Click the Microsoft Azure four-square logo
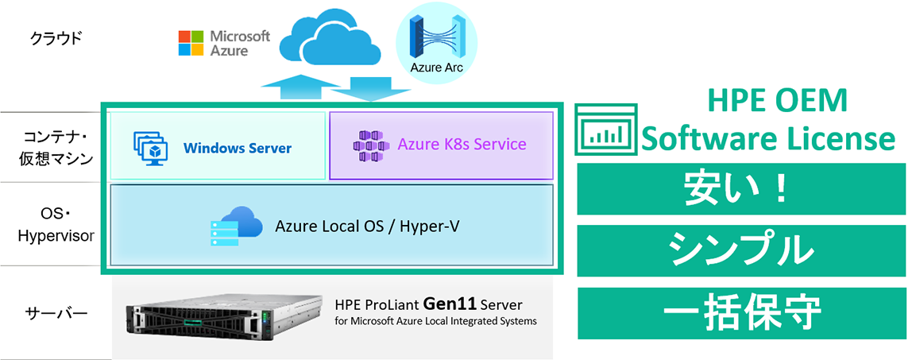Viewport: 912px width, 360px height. click(x=191, y=43)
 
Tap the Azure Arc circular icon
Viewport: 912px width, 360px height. click(x=436, y=44)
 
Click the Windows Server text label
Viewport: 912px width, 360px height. click(x=238, y=148)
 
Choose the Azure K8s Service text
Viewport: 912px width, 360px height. click(x=462, y=145)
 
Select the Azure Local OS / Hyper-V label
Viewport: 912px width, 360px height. click(x=367, y=226)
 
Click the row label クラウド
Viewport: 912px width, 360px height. click(x=55, y=37)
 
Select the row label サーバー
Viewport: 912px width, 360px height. click(x=55, y=312)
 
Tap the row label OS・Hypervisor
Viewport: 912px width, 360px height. click(x=56, y=226)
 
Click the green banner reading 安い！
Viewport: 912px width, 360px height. click(x=740, y=189)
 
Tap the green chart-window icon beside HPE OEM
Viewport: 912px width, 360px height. click(x=606, y=129)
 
